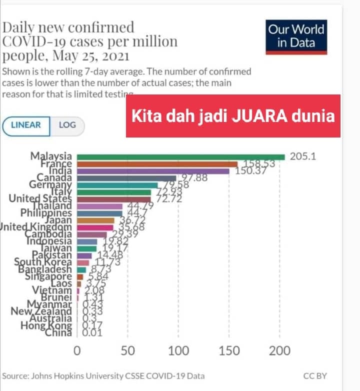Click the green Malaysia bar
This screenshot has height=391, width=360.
180,156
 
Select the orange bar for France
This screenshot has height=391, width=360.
157,164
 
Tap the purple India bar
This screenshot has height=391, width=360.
152,171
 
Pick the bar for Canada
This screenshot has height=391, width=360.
126,178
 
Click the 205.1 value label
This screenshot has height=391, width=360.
303,156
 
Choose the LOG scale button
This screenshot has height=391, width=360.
67,124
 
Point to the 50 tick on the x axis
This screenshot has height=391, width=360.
128,350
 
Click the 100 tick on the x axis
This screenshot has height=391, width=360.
178,350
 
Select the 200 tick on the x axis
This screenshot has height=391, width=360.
279,350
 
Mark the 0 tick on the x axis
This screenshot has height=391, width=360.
77,350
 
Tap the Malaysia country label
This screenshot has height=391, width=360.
51,156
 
